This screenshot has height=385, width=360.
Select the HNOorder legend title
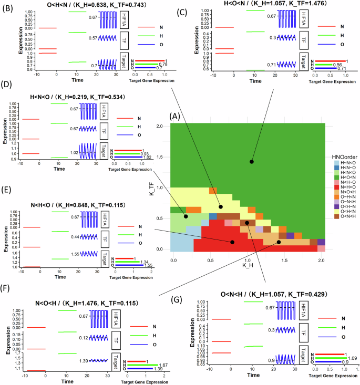tap(344, 157)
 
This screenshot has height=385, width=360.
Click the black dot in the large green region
tap(252, 161)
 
